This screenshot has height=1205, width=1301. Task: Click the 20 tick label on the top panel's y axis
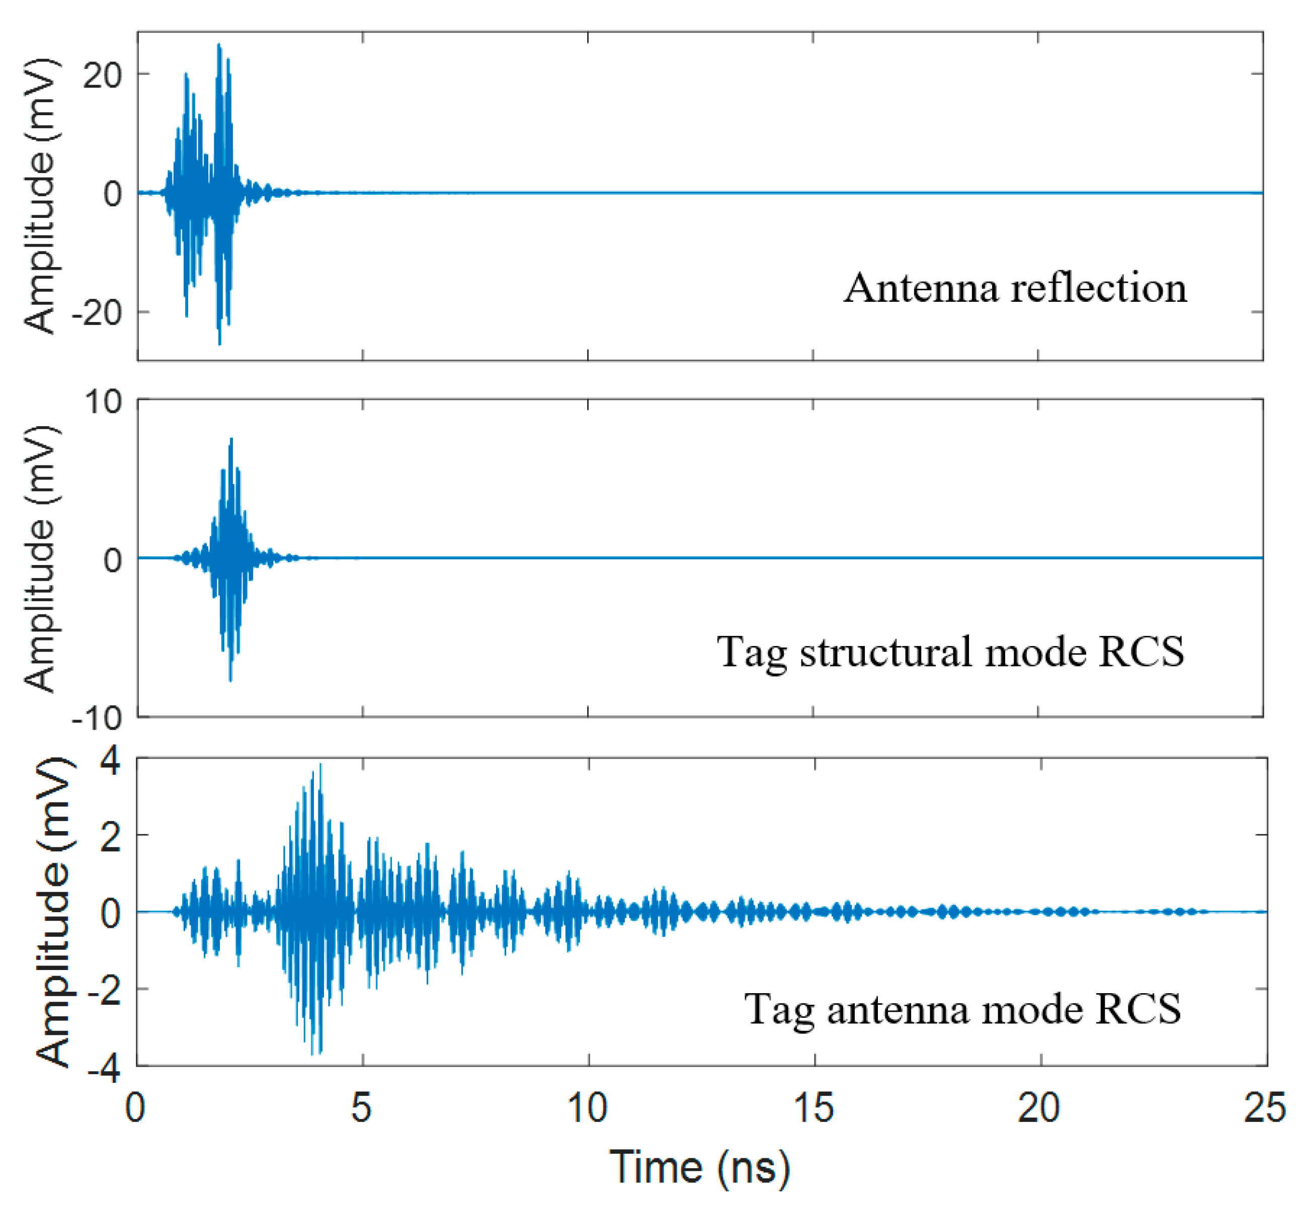tap(103, 75)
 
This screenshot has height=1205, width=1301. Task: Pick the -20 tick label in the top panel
tap(97, 313)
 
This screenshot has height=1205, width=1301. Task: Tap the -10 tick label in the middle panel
tap(97, 718)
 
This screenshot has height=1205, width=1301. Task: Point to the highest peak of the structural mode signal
tap(231, 440)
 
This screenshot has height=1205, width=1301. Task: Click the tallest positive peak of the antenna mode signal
tap(320, 765)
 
